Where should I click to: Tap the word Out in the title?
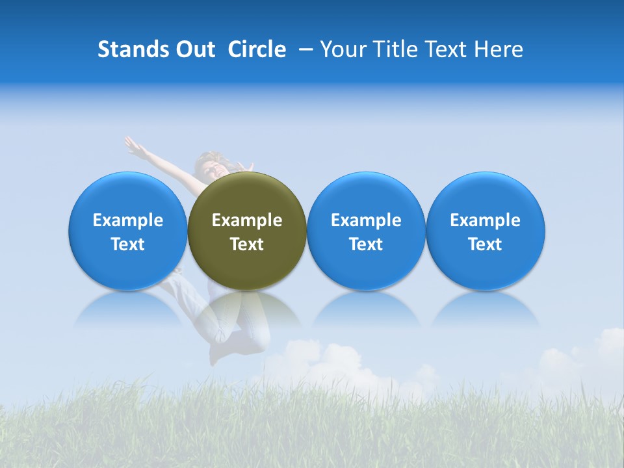[194, 49]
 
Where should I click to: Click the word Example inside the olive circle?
[247, 220]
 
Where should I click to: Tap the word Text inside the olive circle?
[247, 244]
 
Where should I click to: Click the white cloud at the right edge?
[608, 348]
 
